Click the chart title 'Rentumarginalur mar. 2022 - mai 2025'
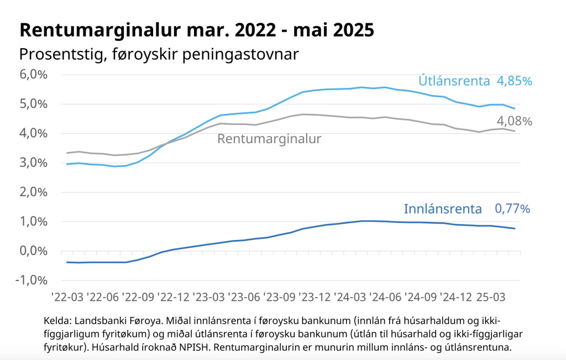[x=197, y=30]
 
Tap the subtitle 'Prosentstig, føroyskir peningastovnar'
[x=159, y=55]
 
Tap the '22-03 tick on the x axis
[x=67, y=297]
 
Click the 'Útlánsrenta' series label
[x=454, y=81]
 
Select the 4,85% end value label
[x=514, y=81]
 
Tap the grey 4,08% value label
[x=514, y=121]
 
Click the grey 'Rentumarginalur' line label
[x=269, y=139]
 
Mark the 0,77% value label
[x=512, y=209]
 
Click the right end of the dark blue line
[x=515, y=228]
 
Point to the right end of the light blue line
[x=515, y=108]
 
